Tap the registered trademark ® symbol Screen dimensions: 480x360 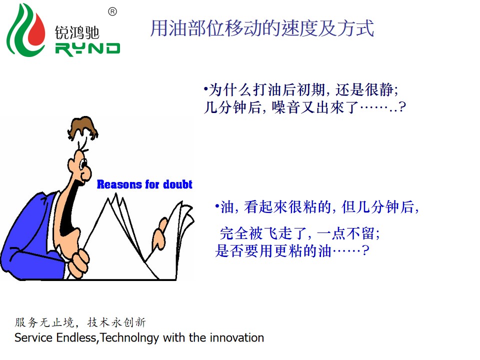(x=112, y=11)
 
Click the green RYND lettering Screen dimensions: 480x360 (x=87, y=49)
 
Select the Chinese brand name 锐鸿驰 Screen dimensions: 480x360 (x=77, y=32)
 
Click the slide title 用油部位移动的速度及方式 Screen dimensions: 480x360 (x=262, y=28)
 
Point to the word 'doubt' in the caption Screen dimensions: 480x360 (x=178, y=184)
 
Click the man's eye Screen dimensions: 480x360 (x=83, y=164)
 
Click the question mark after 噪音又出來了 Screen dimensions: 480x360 (x=402, y=107)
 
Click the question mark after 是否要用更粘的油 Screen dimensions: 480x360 (x=365, y=250)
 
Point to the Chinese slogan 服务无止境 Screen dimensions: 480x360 (x=44, y=322)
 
